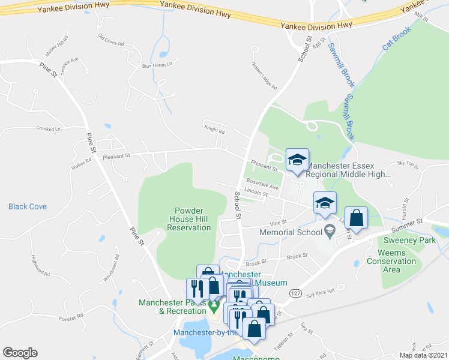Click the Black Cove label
[27, 206]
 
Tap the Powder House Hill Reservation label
[193, 219]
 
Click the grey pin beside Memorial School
[330, 230]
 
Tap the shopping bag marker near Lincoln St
[357, 219]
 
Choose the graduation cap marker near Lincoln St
[325, 204]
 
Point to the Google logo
[20, 353]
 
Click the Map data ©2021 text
[423, 355]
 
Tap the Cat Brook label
[397, 38]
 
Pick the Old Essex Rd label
[110, 40]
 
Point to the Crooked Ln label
[49, 128]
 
